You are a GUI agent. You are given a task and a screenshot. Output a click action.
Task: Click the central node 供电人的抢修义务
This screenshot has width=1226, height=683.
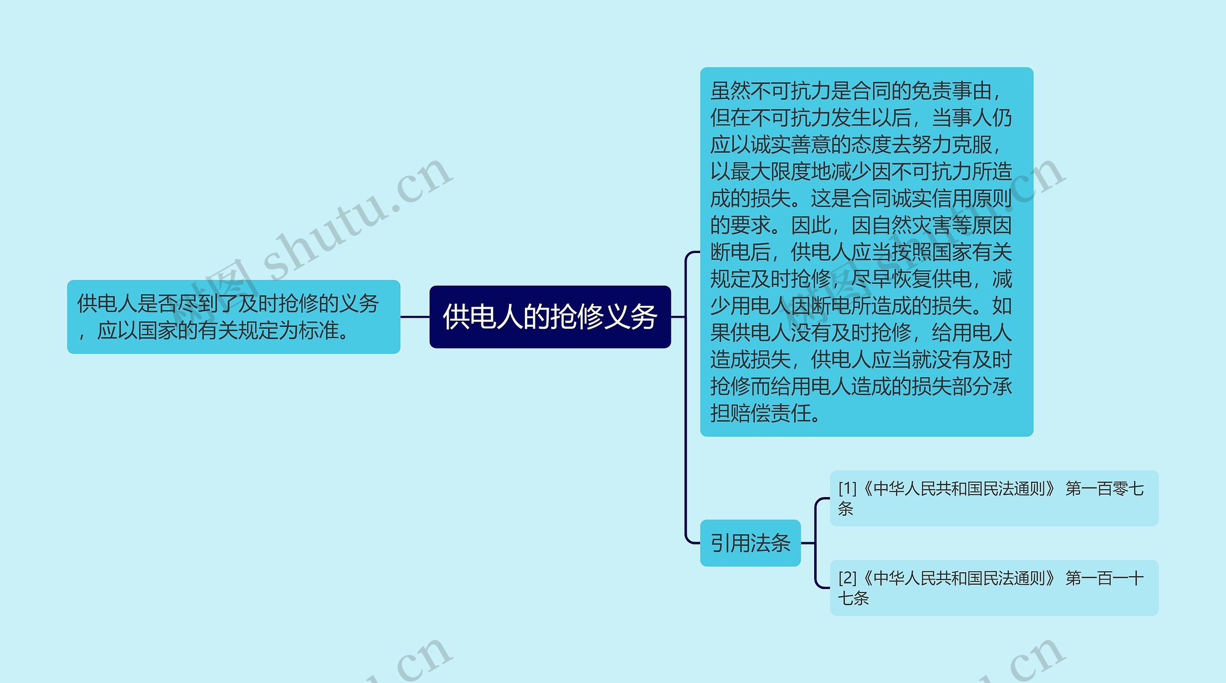[550, 317]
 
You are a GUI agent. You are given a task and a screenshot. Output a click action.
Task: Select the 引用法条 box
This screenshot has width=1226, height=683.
[750, 543]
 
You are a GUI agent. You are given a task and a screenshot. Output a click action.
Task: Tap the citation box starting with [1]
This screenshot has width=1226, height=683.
[994, 498]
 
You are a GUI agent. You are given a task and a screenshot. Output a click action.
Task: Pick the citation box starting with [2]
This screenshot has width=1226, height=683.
[994, 588]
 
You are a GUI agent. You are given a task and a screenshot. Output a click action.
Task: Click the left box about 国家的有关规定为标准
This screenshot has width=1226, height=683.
[233, 317]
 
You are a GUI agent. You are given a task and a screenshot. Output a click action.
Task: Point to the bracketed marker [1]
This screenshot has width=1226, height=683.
[847, 488]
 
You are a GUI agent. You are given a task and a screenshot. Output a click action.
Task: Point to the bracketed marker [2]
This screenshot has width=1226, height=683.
[847, 578]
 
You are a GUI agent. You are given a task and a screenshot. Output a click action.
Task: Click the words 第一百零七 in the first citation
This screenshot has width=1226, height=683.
[1104, 488]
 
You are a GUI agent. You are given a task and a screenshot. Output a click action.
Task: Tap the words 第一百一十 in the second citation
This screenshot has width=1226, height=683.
[1104, 578]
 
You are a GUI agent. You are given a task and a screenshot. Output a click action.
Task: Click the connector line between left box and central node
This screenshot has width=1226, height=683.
[415, 317]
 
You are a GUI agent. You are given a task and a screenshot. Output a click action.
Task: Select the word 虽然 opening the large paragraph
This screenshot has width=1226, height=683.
[730, 91]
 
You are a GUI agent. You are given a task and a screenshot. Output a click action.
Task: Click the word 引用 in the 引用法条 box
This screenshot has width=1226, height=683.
[730, 543]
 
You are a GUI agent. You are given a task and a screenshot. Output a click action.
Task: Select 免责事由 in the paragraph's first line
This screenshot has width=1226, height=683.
[951, 91]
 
